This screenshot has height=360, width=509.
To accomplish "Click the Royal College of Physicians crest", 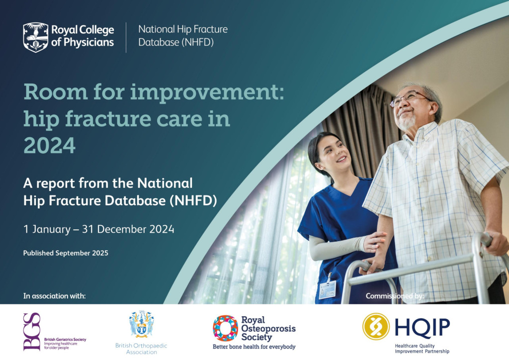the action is click(36, 37).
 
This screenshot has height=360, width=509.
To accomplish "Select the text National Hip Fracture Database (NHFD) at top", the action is click(183, 36).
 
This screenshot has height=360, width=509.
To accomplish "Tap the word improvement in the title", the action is click(207, 92).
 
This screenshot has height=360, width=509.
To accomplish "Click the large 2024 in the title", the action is click(49, 145).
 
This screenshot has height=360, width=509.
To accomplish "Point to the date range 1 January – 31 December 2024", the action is click(99, 229).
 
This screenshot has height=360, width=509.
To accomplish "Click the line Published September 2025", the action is click(66, 253).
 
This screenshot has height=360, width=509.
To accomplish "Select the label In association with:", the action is click(55, 296).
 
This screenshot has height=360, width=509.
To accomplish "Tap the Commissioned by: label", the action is click(395, 296).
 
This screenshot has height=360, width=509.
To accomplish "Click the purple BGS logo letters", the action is click(32, 332).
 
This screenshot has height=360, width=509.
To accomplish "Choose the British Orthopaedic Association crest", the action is click(141, 324).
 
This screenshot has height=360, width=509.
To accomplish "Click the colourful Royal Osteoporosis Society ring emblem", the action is click(225, 328).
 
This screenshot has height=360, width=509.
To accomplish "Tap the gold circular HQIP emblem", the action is click(376, 327).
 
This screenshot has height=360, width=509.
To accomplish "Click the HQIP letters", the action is click(423, 327).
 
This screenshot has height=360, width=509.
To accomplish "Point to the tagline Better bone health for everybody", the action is click(254, 347).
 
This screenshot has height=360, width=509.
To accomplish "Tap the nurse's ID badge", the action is click(327, 289).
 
